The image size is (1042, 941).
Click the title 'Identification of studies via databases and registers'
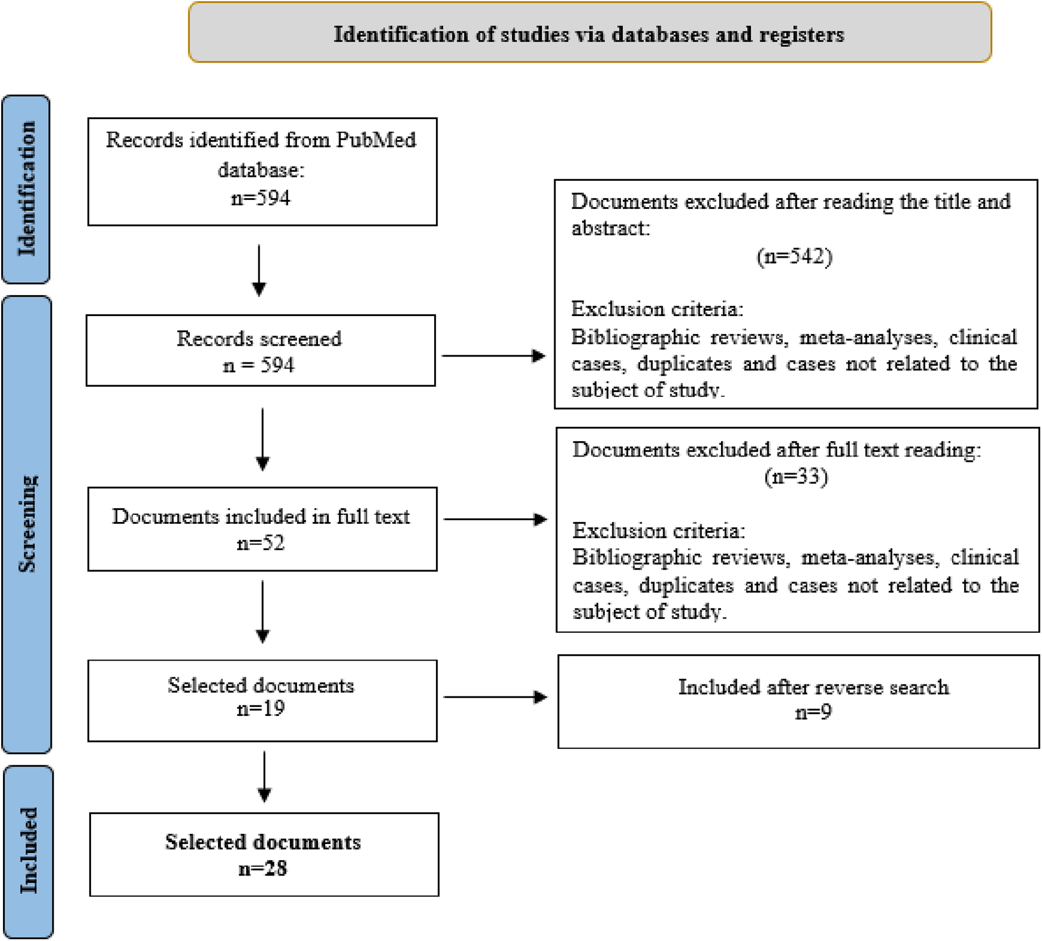[x=589, y=35]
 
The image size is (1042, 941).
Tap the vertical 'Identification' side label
[x=27, y=189]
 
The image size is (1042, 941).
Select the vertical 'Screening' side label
[x=27, y=524]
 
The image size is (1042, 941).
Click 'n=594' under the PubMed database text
[x=261, y=198]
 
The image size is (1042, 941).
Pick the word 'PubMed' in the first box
[x=376, y=140]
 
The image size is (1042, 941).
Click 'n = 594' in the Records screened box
[x=259, y=365]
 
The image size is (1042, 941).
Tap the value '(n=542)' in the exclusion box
[x=794, y=257]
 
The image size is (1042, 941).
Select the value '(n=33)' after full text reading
[x=796, y=476]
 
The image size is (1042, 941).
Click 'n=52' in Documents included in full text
[x=261, y=543]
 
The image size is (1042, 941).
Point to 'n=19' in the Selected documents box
[x=261, y=708]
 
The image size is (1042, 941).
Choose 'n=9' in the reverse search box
[x=813, y=712]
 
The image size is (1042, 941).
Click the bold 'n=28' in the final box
[x=263, y=869]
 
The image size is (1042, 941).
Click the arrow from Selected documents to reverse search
[x=495, y=696]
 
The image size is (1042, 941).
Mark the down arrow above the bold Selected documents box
[x=264, y=776]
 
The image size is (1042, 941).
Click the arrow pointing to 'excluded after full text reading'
[x=495, y=519]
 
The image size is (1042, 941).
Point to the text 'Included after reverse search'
[x=813, y=687]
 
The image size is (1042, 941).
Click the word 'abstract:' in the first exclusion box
[x=610, y=228]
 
